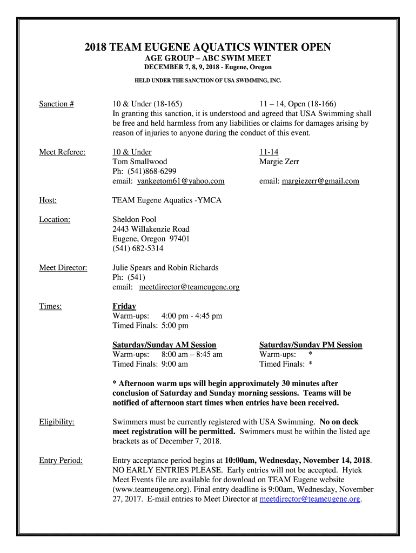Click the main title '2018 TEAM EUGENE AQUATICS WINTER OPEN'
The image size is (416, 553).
[x=208, y=48]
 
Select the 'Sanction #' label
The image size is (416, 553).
[x=56, y=104]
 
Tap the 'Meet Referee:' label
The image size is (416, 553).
[x=62, y=152]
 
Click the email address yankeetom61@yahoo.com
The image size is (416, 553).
[x=180, y=181]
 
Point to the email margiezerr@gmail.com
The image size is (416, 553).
[x=320, y=181]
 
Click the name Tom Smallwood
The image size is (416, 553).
[x=140, y=162]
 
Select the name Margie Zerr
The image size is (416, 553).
[x=279, y=162]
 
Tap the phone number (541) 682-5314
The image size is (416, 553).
[x=138, y=249]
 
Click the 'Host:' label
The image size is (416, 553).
[x=48, y=200]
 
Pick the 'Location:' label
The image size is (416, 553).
[x=55, y=220]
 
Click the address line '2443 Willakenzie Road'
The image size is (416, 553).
[x=151, y=230]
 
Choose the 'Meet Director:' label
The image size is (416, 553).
[x=63, y=268]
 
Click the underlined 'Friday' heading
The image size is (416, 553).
[x=124, y=306]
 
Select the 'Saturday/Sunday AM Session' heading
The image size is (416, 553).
[x=164, y=345]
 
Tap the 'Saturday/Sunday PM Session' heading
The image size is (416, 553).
[x=311, y=345]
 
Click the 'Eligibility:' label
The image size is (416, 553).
[x=57, y=422]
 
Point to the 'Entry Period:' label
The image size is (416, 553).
[x=61, y=461]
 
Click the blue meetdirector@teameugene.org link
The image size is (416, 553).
[x=310, y=500]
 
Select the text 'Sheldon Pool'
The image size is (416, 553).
[x=135, y=220]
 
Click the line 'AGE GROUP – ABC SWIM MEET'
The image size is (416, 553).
[x=208, y=58]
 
